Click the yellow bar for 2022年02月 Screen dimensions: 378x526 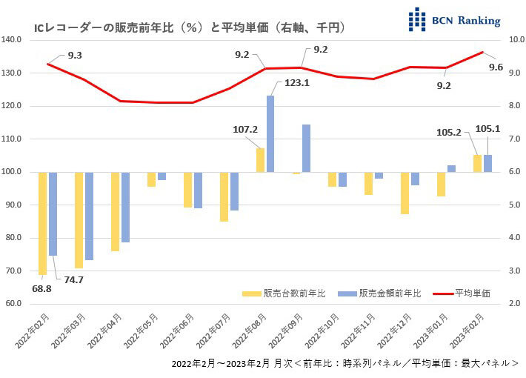[42, 223]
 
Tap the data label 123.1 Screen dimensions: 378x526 [296, 83]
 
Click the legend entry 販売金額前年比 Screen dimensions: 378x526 [379, 294]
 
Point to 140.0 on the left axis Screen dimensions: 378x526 [14, 40]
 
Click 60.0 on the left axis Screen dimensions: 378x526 [16, 303]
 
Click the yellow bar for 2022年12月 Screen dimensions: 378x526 [405, 193]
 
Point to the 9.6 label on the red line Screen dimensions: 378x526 [496, 67]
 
